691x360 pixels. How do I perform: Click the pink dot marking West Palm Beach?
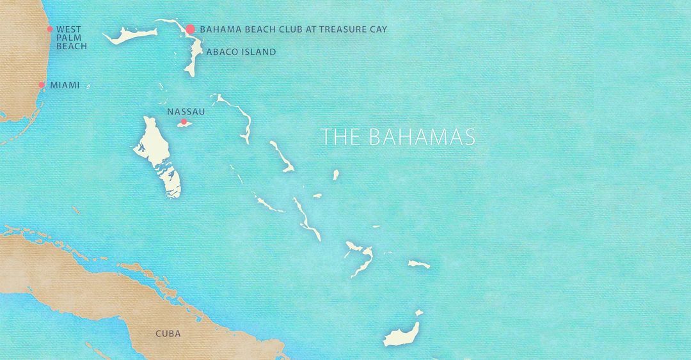tap(49, 29)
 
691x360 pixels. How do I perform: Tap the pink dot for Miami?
tap(42, 84)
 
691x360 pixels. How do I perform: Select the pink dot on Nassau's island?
tap(184, 121)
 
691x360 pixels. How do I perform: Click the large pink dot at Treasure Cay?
tap(190, 29)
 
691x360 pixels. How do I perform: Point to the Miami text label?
tap(65, 85)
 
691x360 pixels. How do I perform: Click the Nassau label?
tap(186, 111)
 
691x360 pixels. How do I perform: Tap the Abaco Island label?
tap(241, 52)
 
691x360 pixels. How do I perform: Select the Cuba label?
tap(168, 334)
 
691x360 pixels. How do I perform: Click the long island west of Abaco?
tap(131, 36)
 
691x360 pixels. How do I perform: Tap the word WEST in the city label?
tap(68, 29)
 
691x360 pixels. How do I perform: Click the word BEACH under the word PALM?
tap(71, 46)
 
